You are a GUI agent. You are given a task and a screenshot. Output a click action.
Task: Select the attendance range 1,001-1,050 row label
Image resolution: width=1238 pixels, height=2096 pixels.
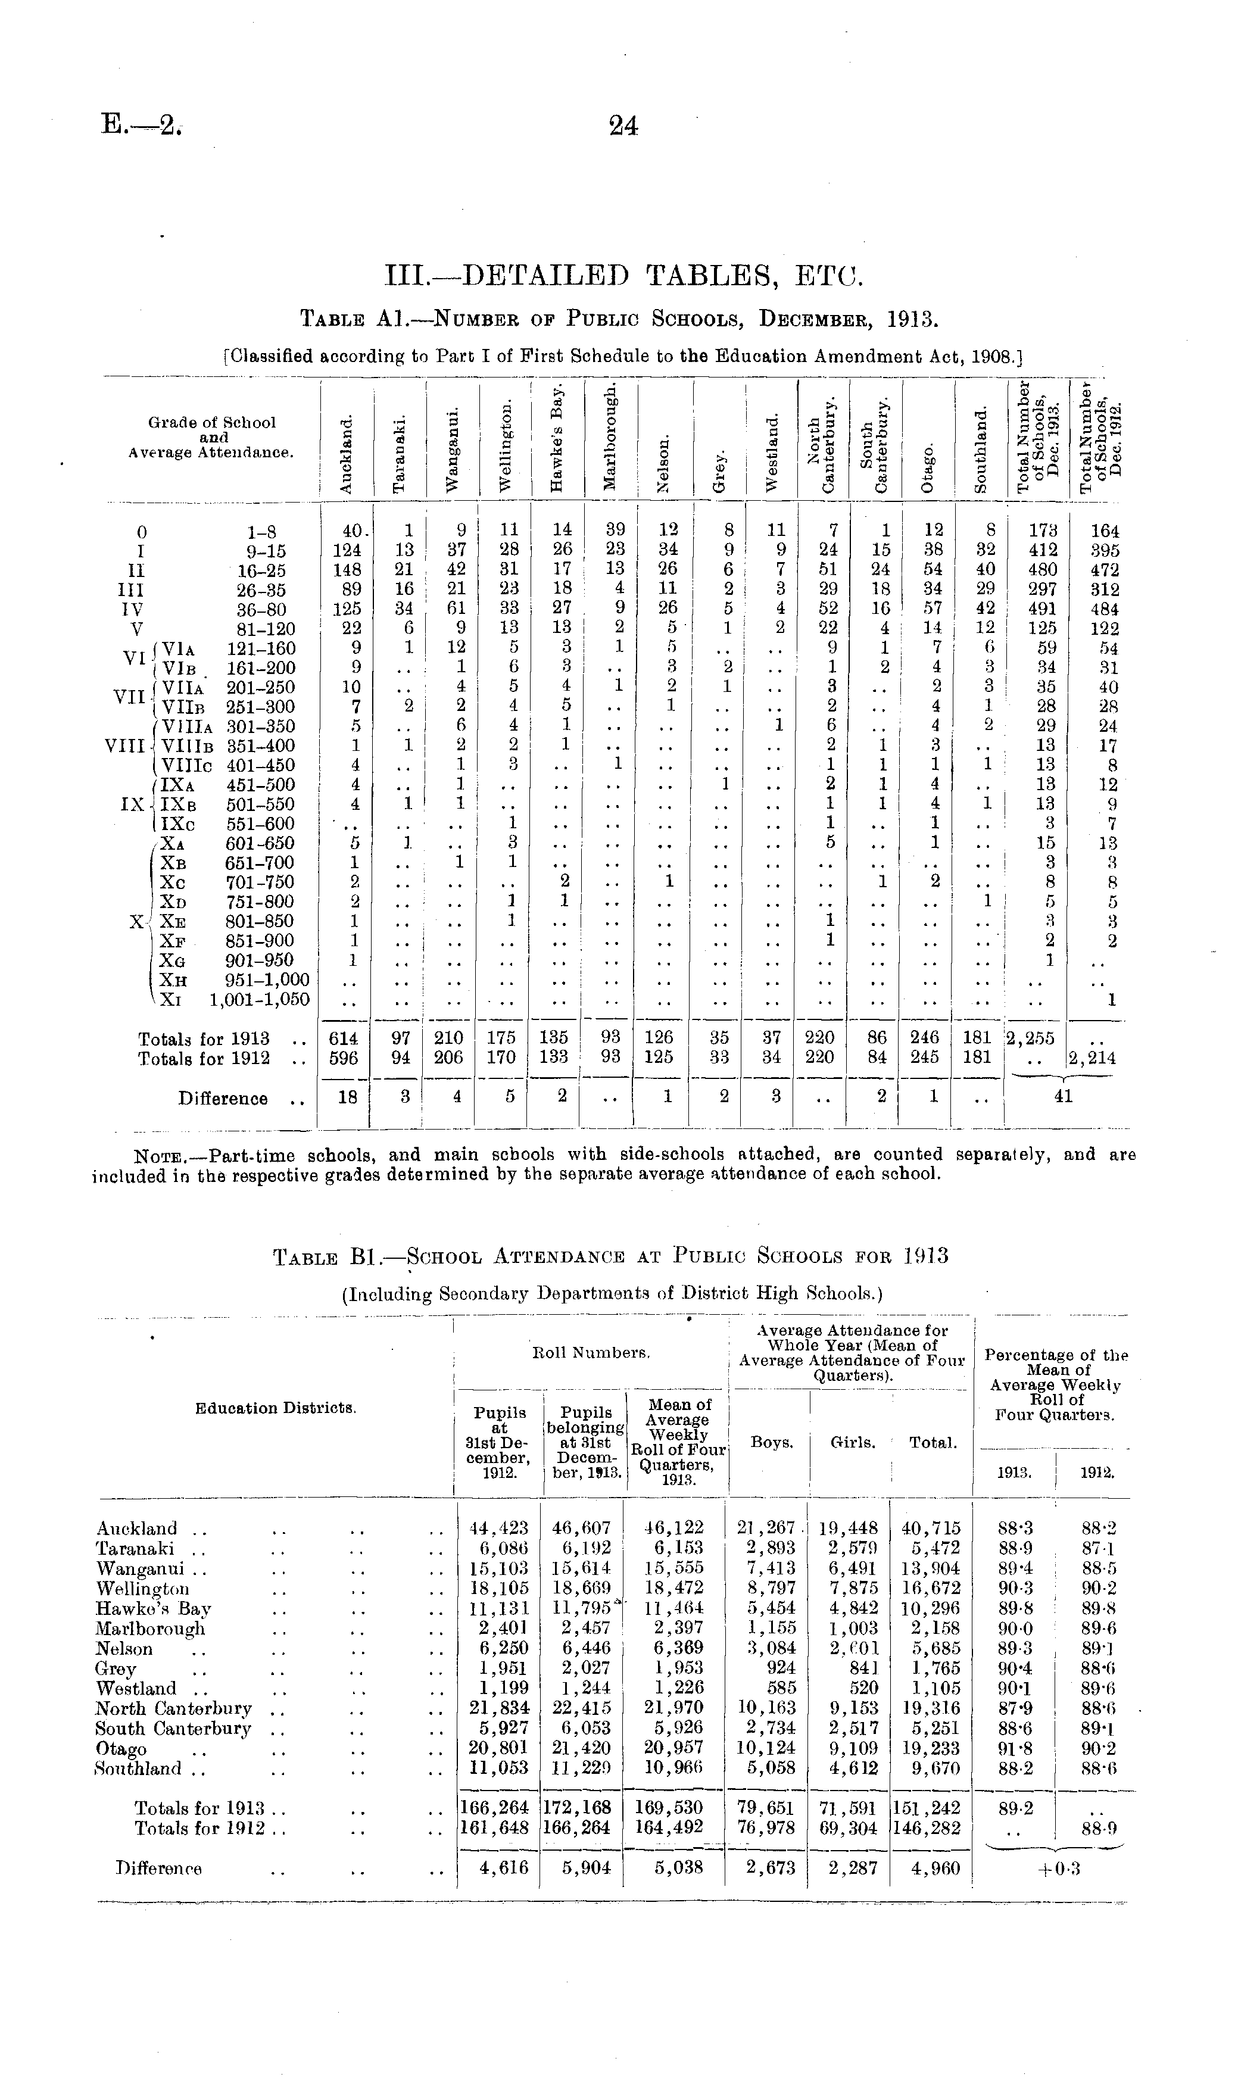[x=260, y=999]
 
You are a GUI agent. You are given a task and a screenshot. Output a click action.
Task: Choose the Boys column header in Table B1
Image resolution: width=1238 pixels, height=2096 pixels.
[x=772, y=1442]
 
